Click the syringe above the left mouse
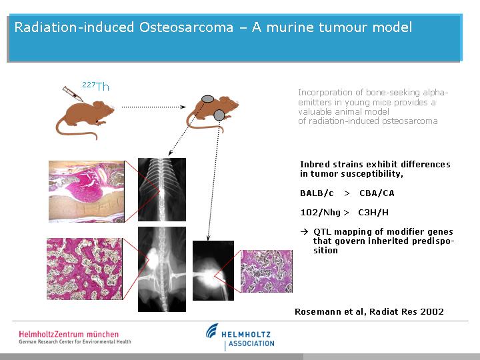pyautogui.click(x=73, y=94)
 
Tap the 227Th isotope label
pyautogui.click(x=95, y=86)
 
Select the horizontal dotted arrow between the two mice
pyautogui.click(x=154, y=107)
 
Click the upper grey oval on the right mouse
pyautogui.click(x=207, y=99)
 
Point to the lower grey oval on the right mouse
pyautogui.click(x=219, y=115)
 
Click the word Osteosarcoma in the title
pyautogui.click(x=186, y=27)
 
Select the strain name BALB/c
pyautogui.click(x=317, y=193)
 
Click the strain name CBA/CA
pyautogui.click(x=377, y=193)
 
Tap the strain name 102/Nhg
pyautogui.click(x=321, y=213)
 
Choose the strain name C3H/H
pyautogui.click(x=373, y=213)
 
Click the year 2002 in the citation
pyautogui.click(x=432, y=311)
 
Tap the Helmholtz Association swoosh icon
pyautogui.click(x=212, y=331)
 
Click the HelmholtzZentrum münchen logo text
pyautogui.click(x=69, y=334)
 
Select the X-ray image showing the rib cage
pyautogui.click(x=162, y=189)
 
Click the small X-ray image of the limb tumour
pyautogui.click(x=213, y=271)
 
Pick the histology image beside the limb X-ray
pyautogui.click(x=267, y=271)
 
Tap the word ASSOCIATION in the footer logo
pyautogui.click(x=251, y=343)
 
